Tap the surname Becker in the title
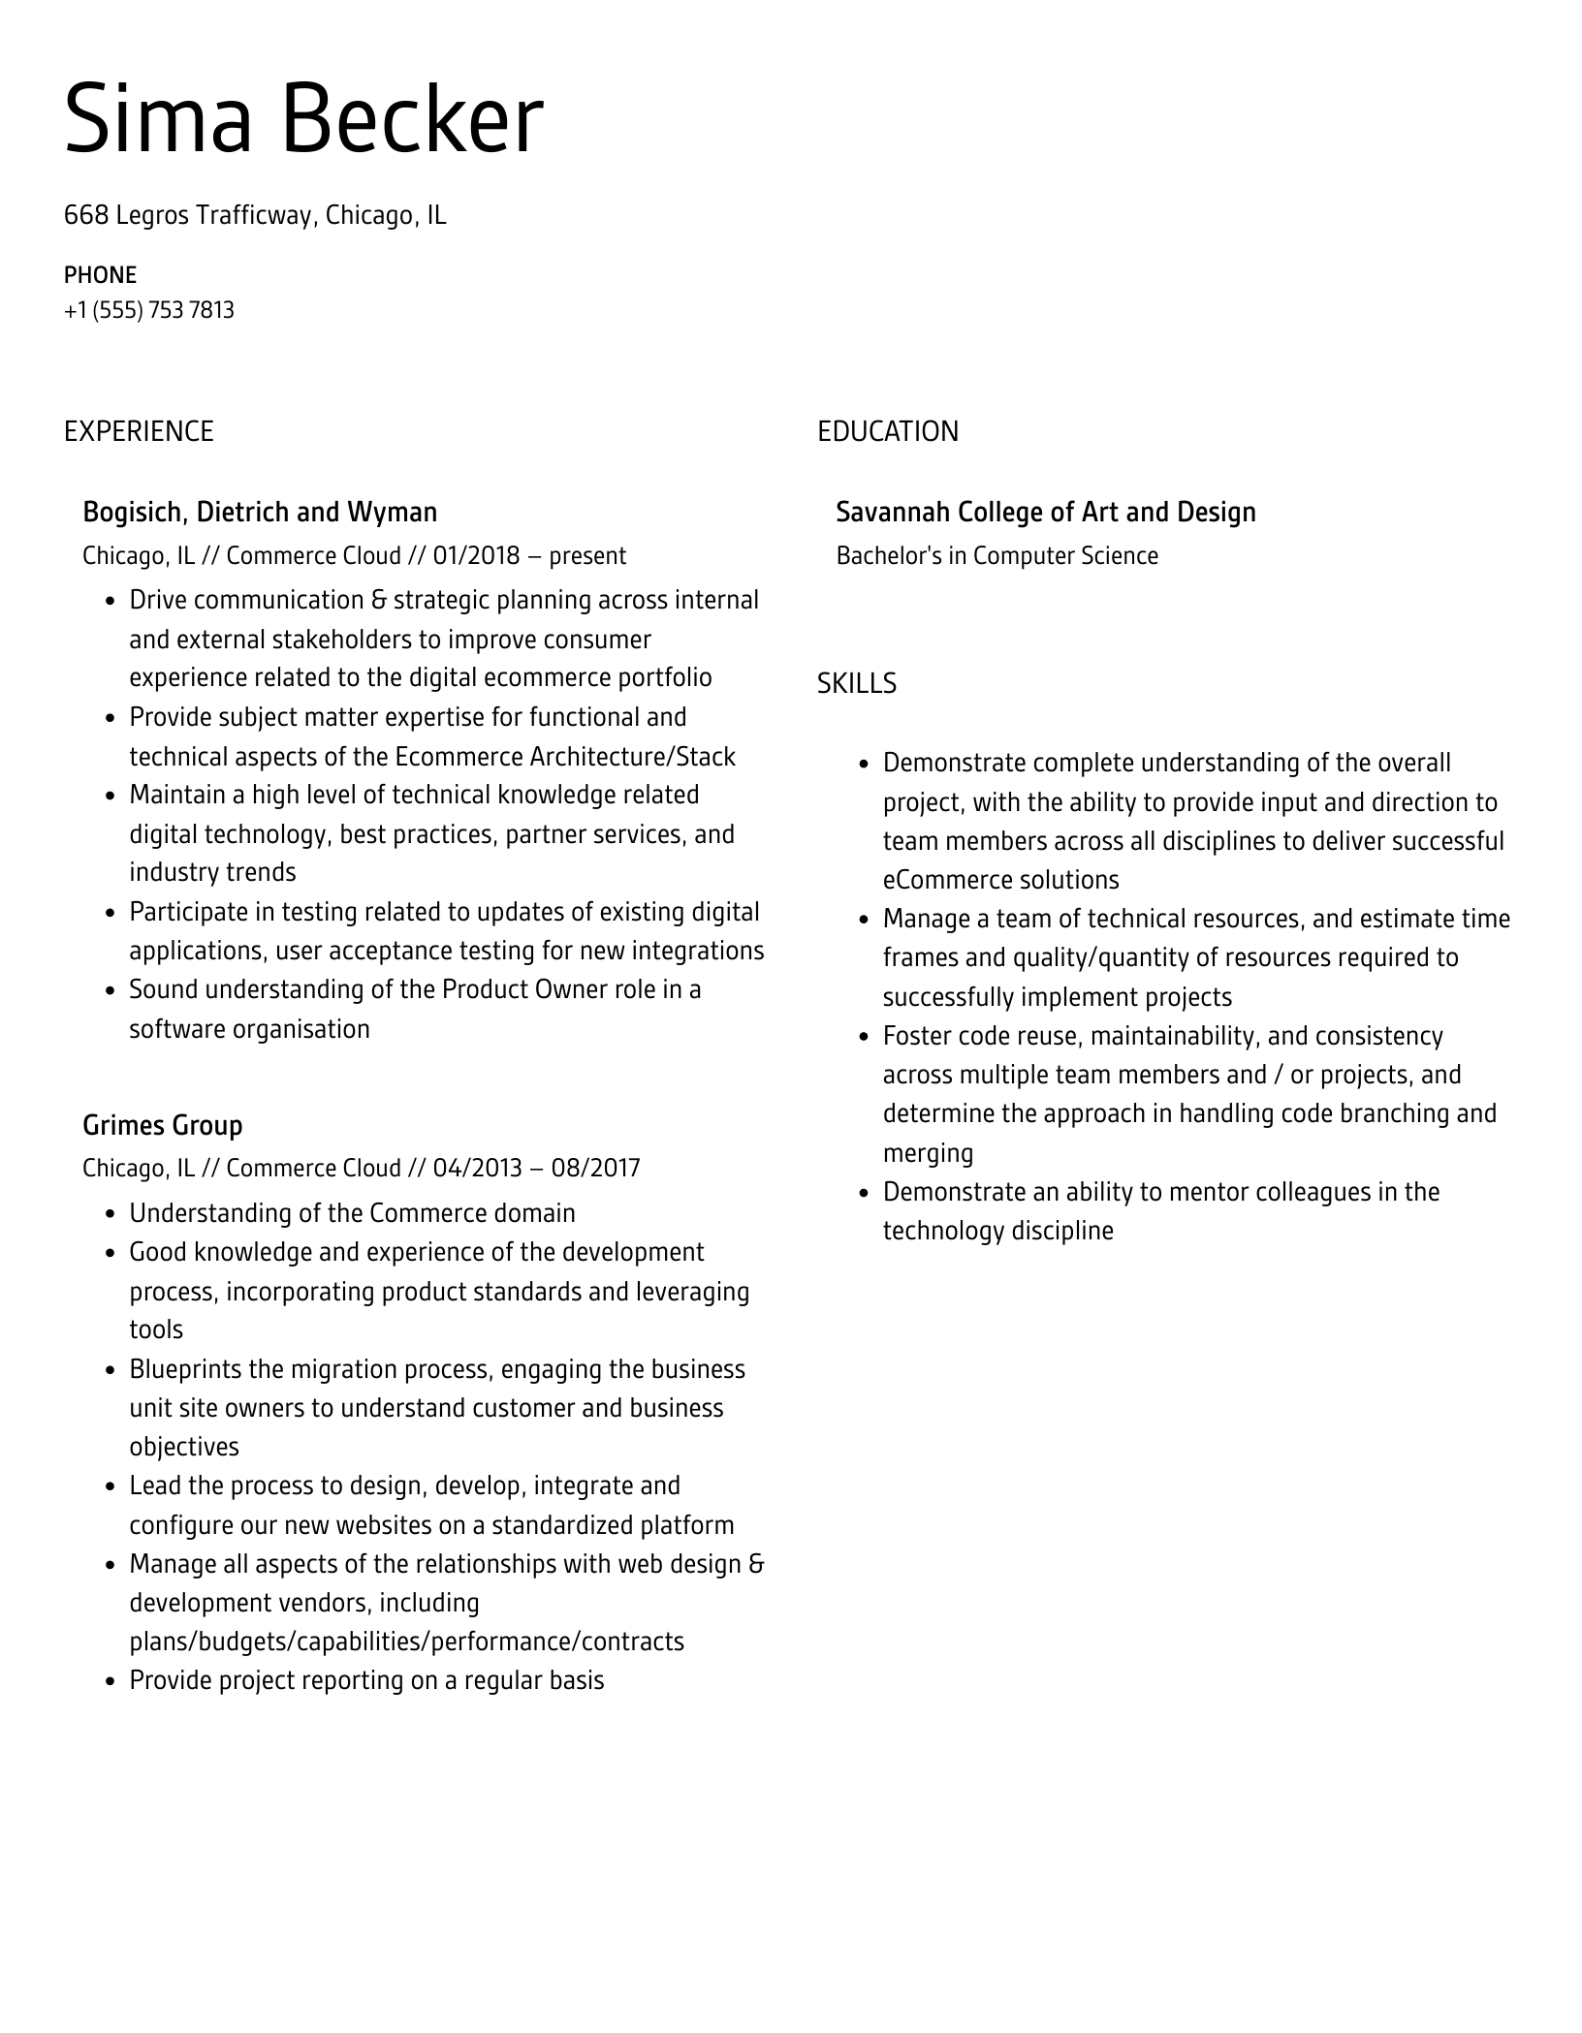pos(413,120)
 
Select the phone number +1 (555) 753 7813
pos(149,310)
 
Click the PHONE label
pos(100,275)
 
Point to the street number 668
pos(86,215)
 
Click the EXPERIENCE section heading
pos(139,431)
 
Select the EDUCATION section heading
pos(887,431)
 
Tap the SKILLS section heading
pos(856,684)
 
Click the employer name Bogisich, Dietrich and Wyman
pos(260,512)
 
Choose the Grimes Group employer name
pos(163,1125)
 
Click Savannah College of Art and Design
pos(1045,512)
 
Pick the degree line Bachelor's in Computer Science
pos(997,556)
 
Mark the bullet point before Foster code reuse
pos(864,1037)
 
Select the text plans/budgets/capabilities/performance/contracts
pos(406,1642)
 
